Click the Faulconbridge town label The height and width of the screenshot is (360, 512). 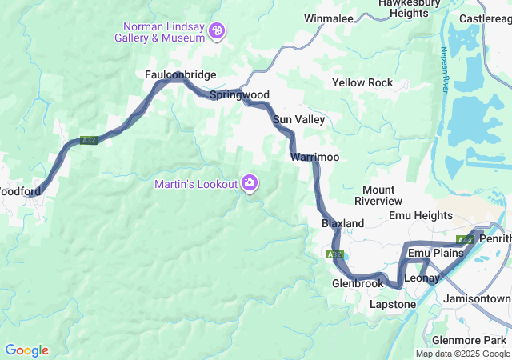coord(180,74)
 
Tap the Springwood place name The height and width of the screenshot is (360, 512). coord(239,94)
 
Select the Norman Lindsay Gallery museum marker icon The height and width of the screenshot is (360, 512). coord(217,31)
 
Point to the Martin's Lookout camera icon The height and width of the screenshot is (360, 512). coord(250,184)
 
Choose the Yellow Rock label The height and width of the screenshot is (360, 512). coord(362,82)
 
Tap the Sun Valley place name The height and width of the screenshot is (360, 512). coord(298,119)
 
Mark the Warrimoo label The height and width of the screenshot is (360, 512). coord(316,157)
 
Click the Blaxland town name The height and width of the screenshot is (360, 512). coord(342,222)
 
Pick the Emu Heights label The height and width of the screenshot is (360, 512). coord(420,215)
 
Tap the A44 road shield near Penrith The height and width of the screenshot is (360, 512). coord(466,239)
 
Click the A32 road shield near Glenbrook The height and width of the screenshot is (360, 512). coord(335,254)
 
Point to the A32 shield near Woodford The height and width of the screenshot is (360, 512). coord(89,141)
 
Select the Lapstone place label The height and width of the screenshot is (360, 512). coord(393,304)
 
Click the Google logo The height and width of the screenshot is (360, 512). coord(26,350)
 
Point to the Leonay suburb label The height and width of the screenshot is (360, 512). coord(422,278)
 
